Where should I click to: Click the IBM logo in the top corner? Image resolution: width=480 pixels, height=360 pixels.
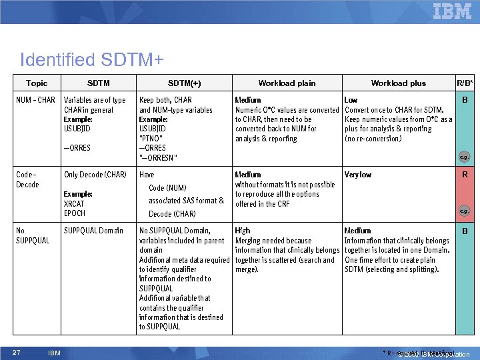[452, 11]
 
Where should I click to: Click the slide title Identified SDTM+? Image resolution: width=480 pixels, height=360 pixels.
[92, 60]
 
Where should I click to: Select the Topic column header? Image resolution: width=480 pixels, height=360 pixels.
[37, 83]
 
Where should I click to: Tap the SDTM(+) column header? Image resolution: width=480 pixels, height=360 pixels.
[185, 83]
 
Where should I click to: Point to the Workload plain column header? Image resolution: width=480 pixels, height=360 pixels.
[287, 83]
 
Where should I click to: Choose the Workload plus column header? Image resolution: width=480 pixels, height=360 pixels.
[398, 83]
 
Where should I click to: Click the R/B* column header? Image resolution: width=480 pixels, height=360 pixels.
[464, 83]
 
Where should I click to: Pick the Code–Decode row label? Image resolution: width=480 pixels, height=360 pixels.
[27, 179]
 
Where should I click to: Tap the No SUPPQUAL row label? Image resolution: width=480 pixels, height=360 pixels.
[33, 235]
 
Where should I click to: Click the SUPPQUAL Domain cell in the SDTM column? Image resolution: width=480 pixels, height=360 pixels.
[93, 231]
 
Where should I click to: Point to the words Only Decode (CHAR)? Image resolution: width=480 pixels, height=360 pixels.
[95, 175]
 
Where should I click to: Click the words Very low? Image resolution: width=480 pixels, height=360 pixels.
[358, 175]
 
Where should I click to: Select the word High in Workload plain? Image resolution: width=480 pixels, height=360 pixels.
[243, 231]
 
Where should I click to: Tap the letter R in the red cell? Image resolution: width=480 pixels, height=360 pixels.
[464, 175]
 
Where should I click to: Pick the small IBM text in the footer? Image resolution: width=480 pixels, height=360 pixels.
[55, 353]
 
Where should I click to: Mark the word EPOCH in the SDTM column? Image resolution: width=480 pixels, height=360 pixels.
[75, 213]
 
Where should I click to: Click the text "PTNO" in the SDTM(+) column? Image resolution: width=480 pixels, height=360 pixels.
[151, 138]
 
